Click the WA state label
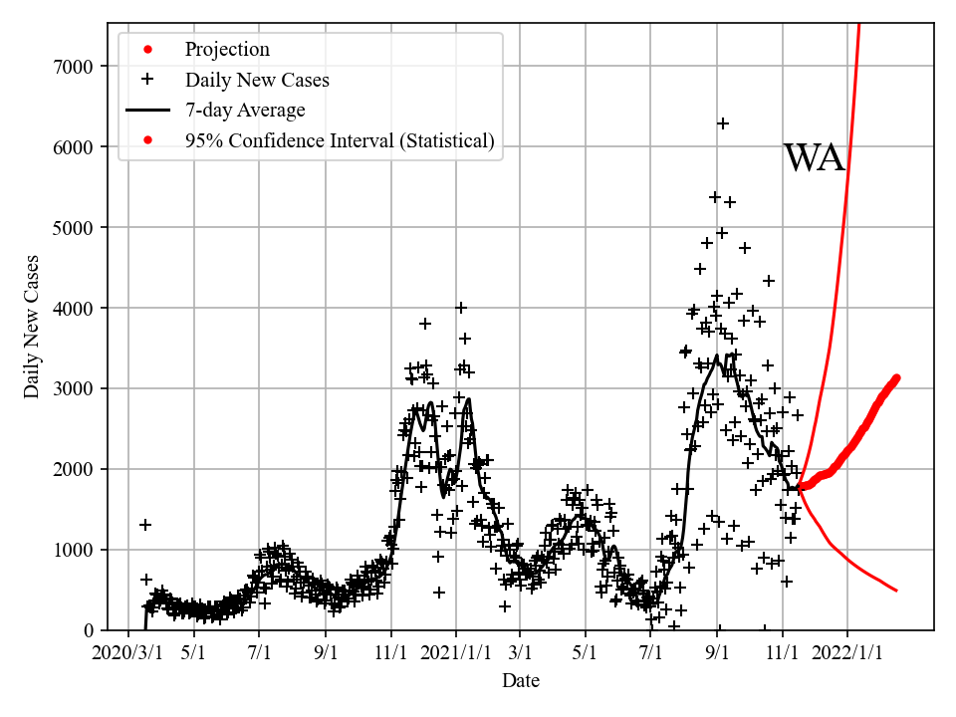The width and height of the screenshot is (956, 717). [815, 158]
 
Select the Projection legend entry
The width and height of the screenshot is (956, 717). [227, 50]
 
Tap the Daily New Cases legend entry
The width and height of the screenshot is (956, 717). [257, 80]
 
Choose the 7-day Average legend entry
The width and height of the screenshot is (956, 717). [245, 111]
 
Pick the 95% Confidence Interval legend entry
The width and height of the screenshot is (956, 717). [339, 140]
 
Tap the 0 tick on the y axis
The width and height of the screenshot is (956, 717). [89, 630]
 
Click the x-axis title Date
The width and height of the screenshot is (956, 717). [521, 681]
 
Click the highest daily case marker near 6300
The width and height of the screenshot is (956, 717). [723, 123]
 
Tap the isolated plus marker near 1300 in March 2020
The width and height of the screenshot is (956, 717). [145, 525]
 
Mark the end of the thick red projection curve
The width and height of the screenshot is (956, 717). [896, 377]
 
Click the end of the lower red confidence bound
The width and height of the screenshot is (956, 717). [896, 591]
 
